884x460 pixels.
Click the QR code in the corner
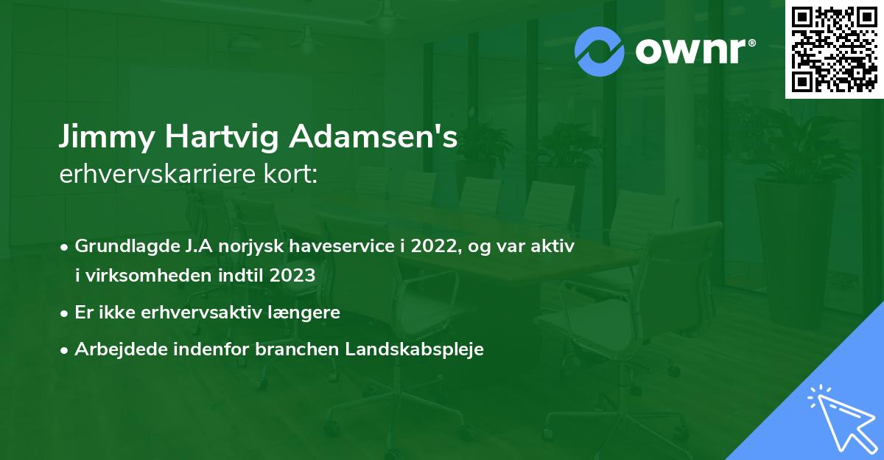point(834,49)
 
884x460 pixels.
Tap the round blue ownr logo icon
point(600,52)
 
